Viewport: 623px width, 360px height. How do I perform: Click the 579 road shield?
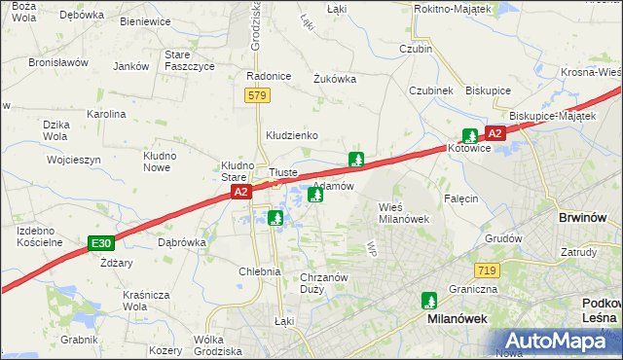(256, 95)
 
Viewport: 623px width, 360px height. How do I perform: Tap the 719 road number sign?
(488, 269)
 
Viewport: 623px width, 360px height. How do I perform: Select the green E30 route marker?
(99, 241)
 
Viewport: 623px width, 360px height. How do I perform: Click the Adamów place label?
(333, 185)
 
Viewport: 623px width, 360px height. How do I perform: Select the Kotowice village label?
(472, 149)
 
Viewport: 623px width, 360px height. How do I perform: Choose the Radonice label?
(269, 76)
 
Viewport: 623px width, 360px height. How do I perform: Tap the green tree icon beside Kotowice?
(470, 135)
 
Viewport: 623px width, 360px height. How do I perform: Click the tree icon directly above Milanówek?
(428, 300)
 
